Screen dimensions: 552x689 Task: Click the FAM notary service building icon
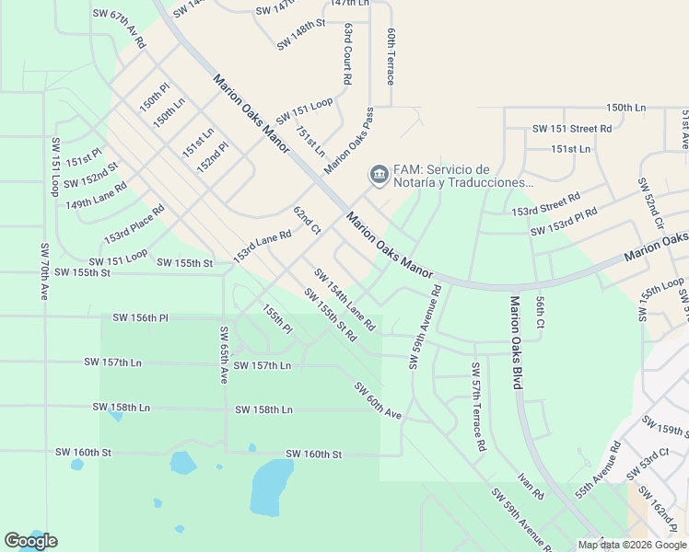point(378,174)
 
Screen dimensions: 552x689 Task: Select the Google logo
point(30,541)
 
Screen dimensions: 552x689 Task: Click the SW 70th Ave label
point(43,271)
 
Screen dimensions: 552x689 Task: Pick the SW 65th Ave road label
point(223,354)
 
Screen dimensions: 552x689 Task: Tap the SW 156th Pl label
point(141,317)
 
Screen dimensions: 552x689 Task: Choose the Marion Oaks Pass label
point(350,142)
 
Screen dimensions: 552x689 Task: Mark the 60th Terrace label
point(391,56)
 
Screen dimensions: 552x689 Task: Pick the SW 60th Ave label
point(378,401)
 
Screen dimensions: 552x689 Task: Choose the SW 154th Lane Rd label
point(344,300)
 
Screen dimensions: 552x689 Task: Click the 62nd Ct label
point(307,220)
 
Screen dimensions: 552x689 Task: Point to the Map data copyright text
point(631,544)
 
